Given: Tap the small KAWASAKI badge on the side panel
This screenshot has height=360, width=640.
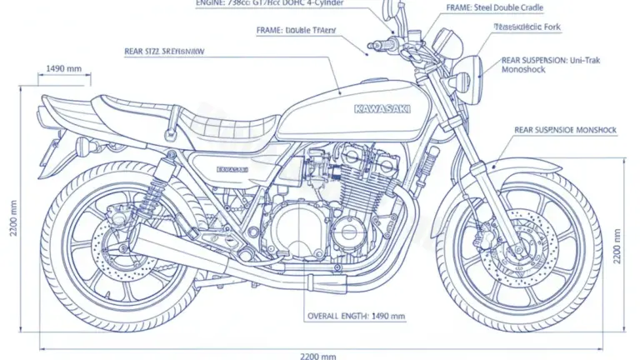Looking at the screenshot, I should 232,169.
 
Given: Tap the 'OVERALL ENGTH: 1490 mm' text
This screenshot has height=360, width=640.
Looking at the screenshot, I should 356,317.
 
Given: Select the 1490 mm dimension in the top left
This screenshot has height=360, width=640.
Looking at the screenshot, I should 63,68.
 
